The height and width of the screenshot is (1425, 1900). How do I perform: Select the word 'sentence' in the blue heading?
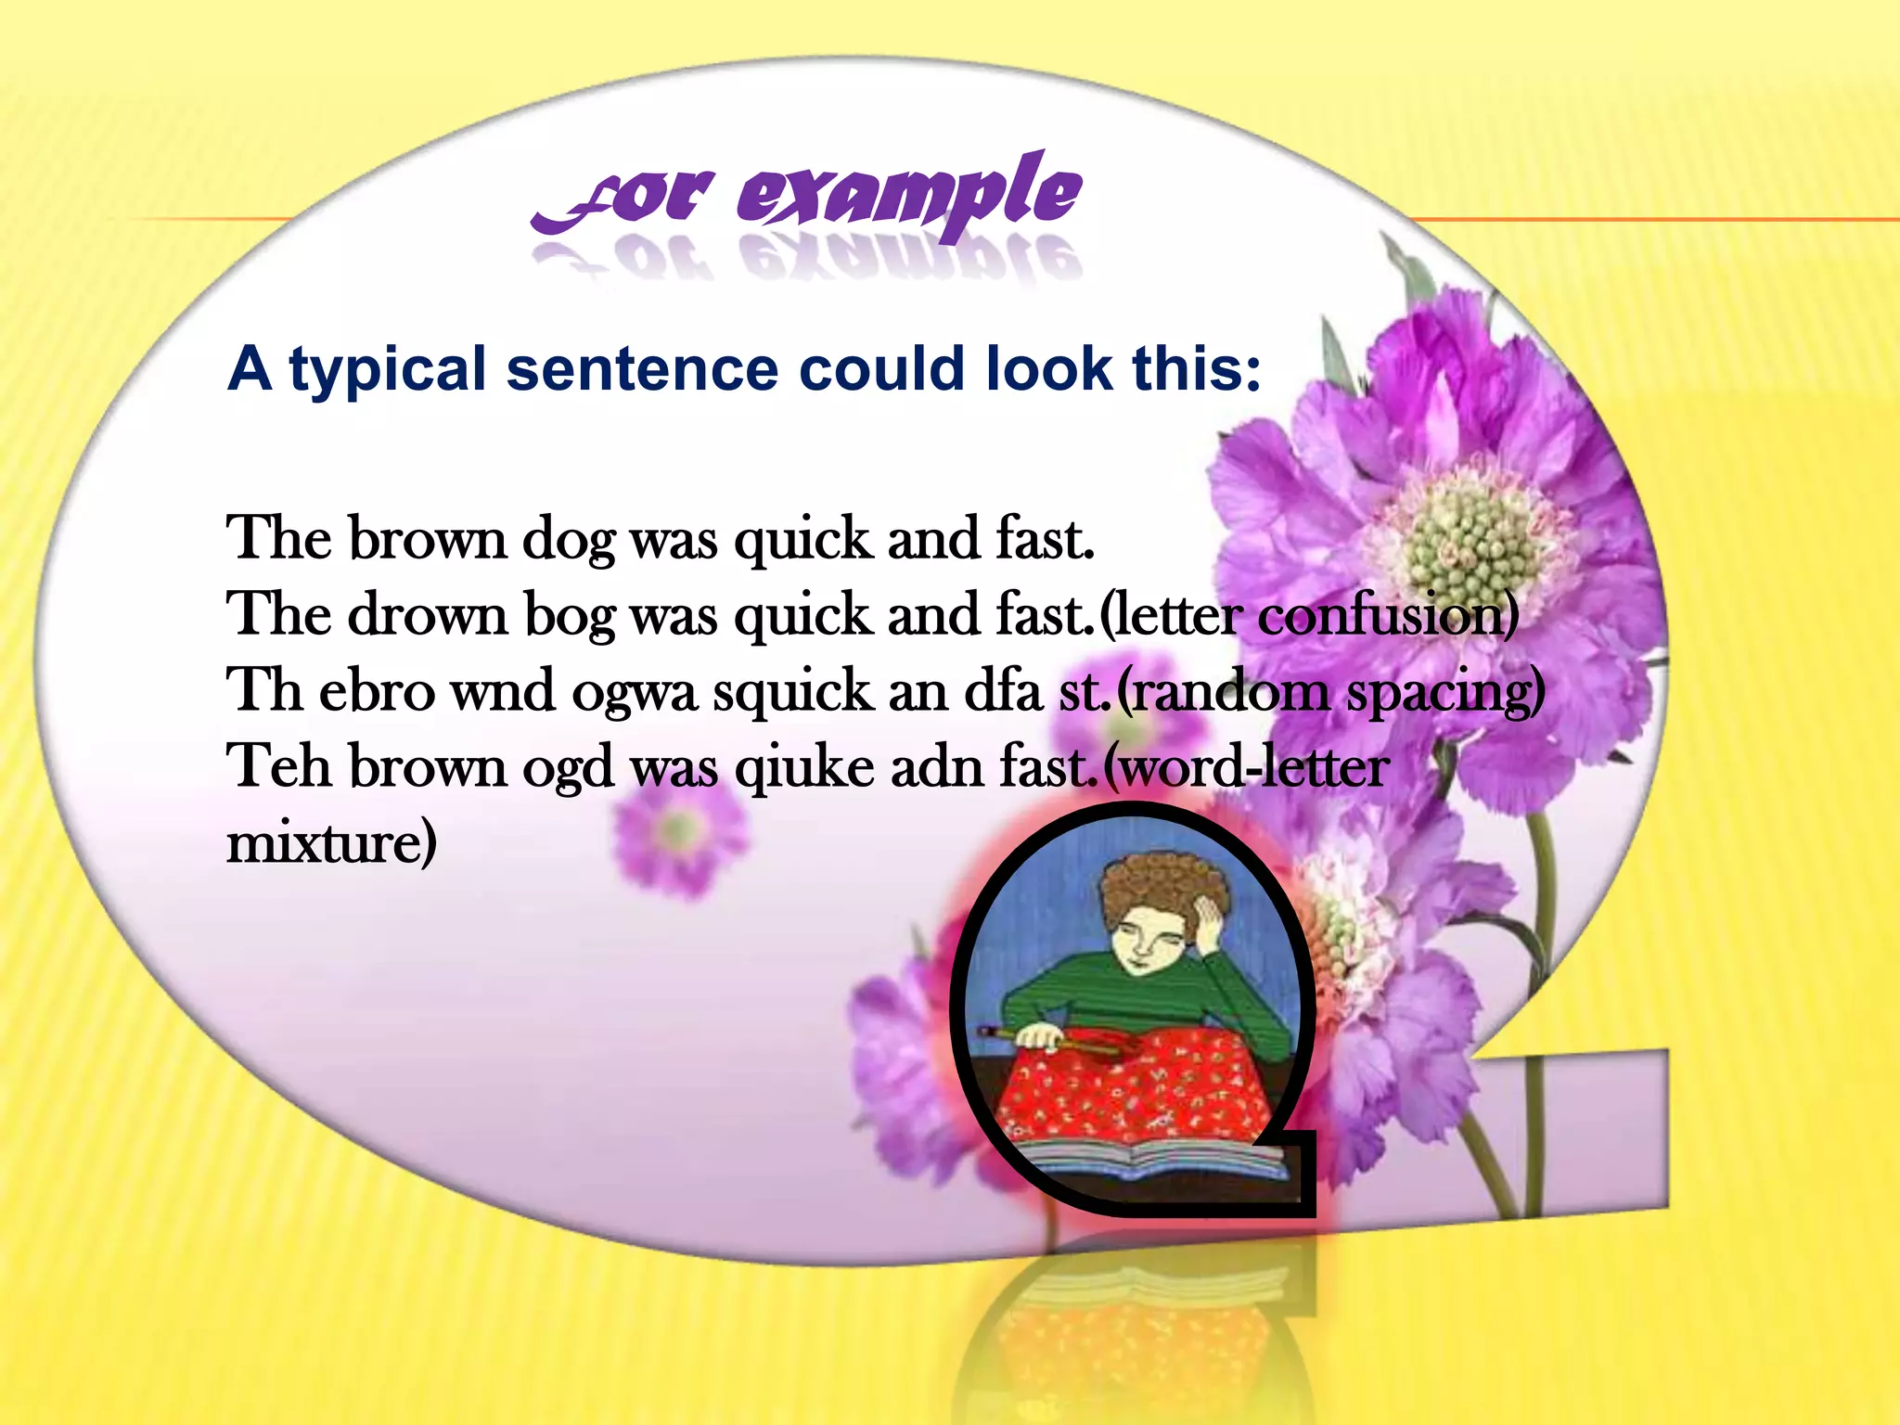[642, 369]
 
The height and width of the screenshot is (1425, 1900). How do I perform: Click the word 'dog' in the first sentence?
[568, 540]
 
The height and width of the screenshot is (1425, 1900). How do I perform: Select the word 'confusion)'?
[1388, 615]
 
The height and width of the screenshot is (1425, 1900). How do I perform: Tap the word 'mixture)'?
[331, 843]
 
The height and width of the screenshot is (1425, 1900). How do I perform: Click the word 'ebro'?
[377, 692]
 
